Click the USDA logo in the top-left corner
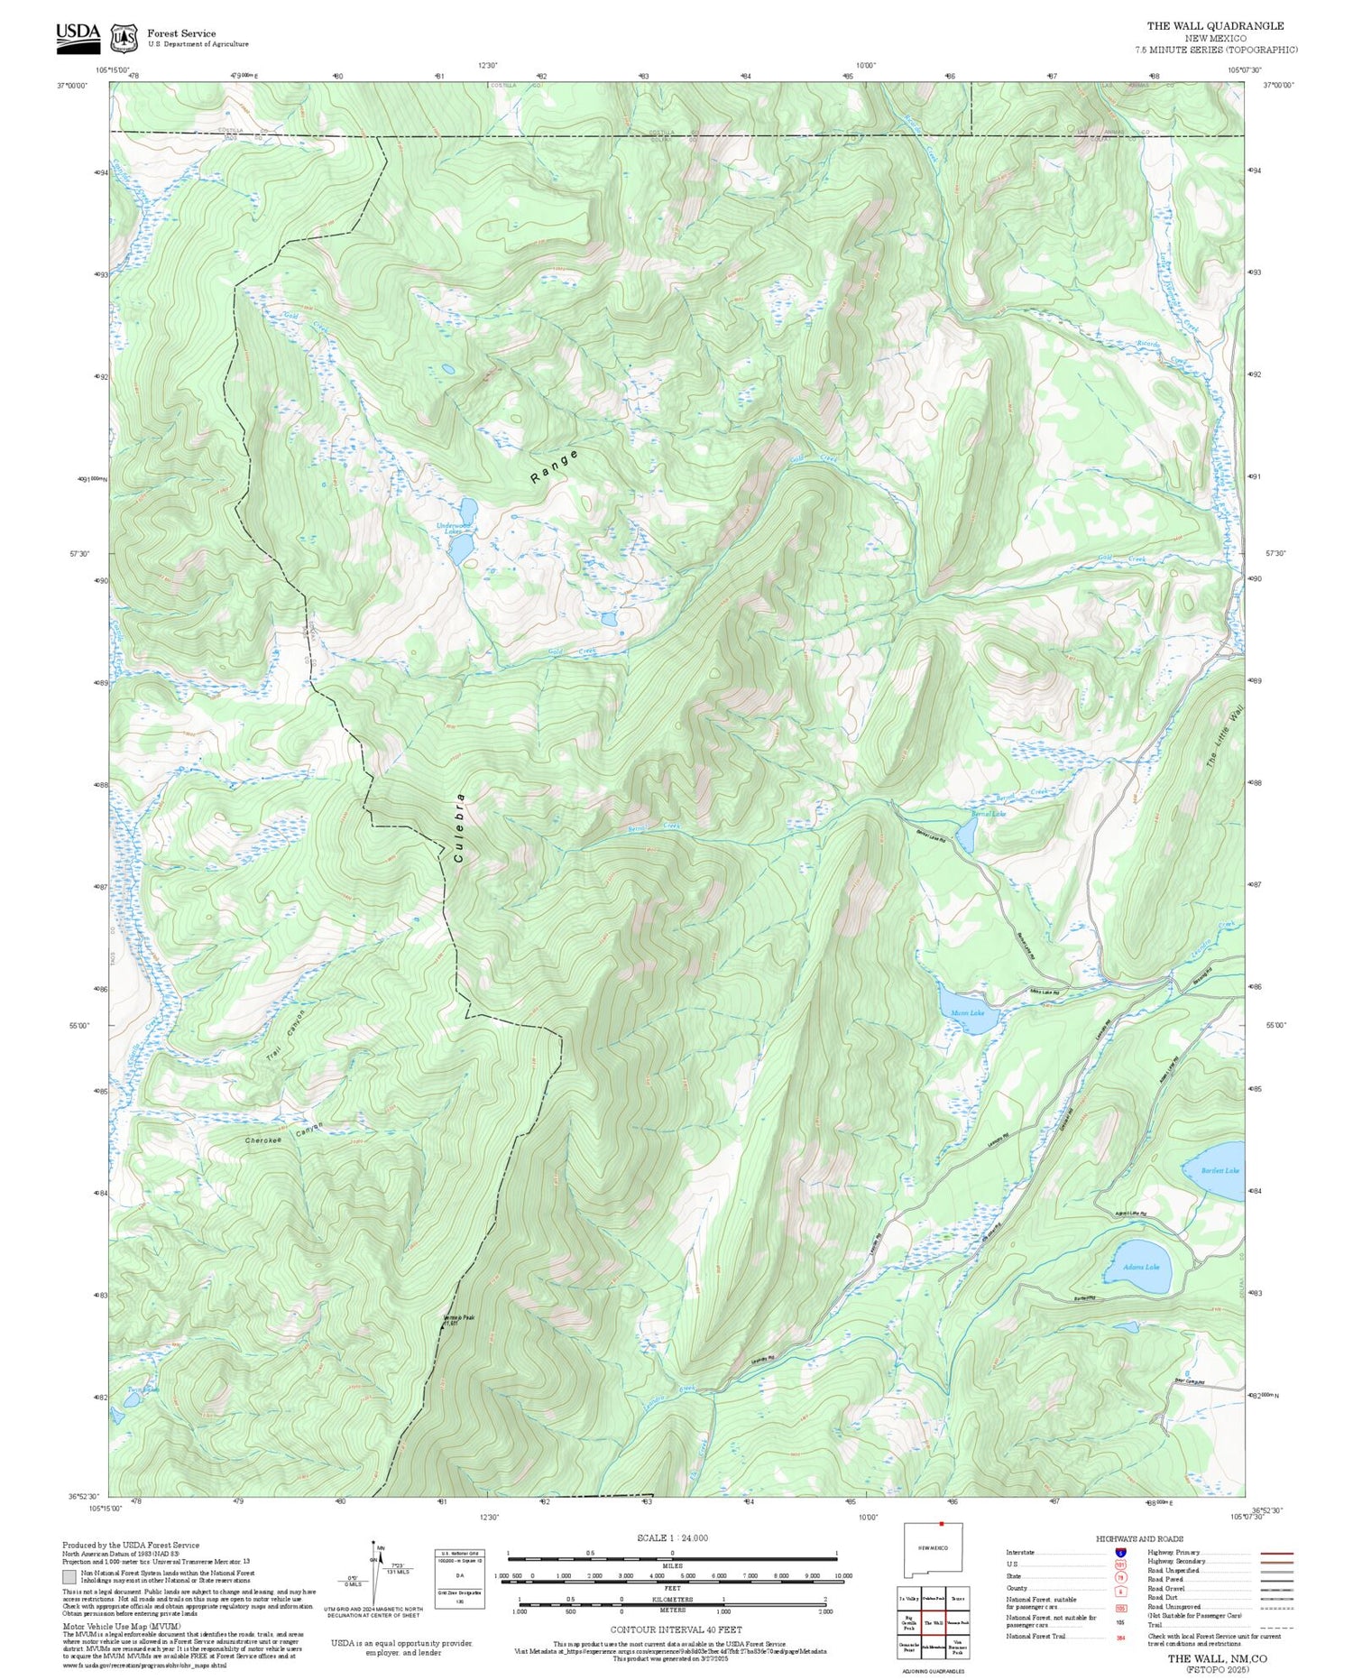pos(78,33)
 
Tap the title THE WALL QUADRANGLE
pos(1215,26)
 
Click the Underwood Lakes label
pos(454,529)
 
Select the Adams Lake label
pos(1140,1267)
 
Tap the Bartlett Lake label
pos(1220,1170)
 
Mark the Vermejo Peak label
pos(457,1319)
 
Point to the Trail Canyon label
pos(286,1035)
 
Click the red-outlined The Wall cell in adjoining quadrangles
pos(934,1622)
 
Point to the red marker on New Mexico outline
pos(941,1525)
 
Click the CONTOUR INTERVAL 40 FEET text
pos(676,1629)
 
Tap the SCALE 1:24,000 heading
pos(672,1537)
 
